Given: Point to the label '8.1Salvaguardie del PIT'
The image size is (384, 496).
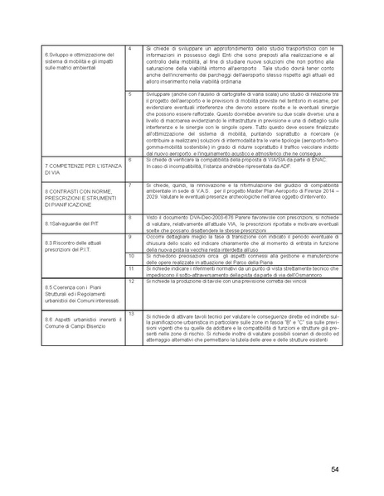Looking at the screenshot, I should [70, 224].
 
